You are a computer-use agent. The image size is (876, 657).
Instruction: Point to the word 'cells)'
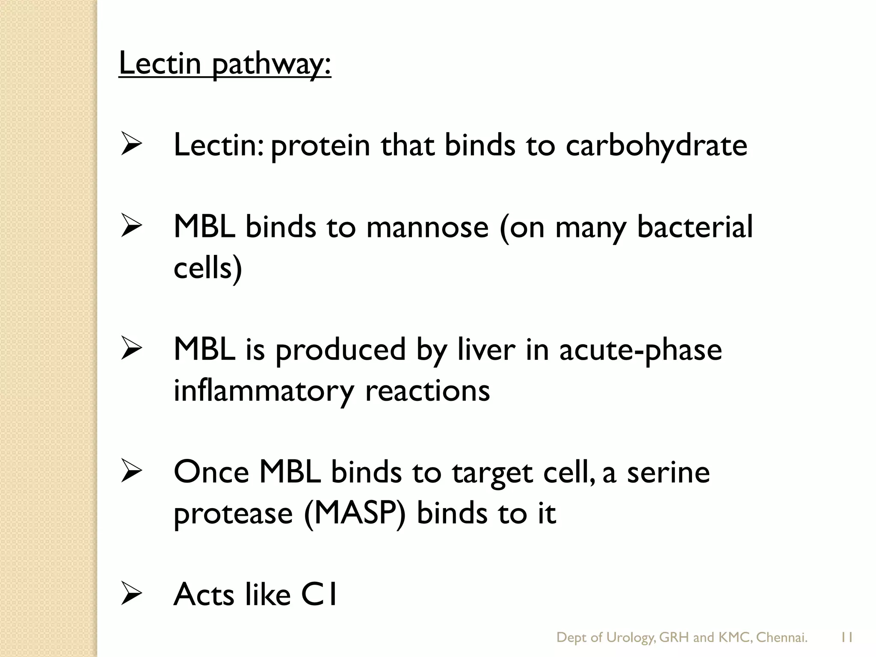click(208, 268)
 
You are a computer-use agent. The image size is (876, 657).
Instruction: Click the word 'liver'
click(486, 349)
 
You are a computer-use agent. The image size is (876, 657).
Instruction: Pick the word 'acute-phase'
click(640, 349)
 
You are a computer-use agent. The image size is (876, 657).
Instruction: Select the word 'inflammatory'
click(264, 391)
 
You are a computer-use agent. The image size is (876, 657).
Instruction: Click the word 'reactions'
click(427, 391)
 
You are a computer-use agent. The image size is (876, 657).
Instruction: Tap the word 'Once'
click(211, 472)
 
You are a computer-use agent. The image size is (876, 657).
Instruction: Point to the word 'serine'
click(668, 472)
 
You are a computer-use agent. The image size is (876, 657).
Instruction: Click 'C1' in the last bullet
click(319, 595)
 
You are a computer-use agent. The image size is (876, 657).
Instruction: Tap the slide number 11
click(846, 638)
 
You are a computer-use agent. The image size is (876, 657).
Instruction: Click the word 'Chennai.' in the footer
click(781, 638)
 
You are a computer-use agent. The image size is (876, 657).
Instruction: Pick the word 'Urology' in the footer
click(630, 638)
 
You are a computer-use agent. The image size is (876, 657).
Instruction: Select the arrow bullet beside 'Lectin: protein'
click(131, 144)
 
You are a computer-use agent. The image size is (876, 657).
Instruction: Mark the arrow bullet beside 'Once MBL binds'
click(131, 471)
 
